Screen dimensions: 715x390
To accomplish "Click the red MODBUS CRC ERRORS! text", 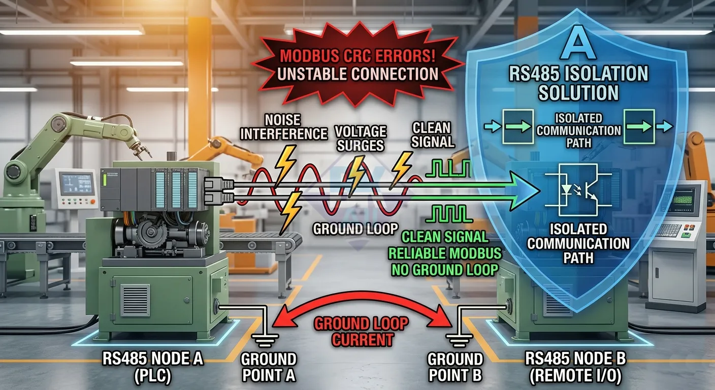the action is [x=357, y=55].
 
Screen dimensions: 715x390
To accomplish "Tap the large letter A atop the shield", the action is [x=578, y=45].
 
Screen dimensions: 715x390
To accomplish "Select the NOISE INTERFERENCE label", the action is [x=283, y=127].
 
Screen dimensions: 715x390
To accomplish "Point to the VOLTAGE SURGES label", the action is [x=361, y=138].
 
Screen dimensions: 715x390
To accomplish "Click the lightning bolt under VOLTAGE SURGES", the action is [x=356, y=175].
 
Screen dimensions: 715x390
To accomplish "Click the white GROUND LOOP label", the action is [x=355, y=229].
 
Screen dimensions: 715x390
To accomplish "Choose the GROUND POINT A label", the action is [x=269, y=367].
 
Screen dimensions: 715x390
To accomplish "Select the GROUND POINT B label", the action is [x=455, y=367].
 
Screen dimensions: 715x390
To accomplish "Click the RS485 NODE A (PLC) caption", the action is [x=152, y=367].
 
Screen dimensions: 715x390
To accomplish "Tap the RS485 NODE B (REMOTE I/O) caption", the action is [x=575, y=367].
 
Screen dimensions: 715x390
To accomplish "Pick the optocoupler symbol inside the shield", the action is [x=578, y=190].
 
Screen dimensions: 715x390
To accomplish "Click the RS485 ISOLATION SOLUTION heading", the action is [x=578, y=83].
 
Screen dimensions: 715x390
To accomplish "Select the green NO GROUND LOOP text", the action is [x=445, y=270].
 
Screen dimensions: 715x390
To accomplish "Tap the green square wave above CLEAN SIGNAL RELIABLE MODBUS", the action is [x=449, y=213].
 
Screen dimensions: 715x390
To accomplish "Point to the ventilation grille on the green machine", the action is [x=135, y=300].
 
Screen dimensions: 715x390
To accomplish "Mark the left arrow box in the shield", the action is [x=518, y=127].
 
